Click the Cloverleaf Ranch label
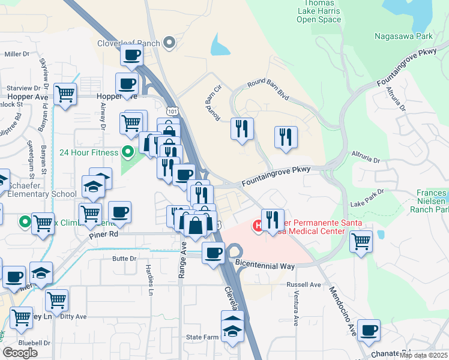pos(129,43)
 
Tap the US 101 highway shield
pos(172,111)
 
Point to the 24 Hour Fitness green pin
pos(127,152)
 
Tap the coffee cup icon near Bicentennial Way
pos(213,253)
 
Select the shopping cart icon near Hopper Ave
pos(65,94)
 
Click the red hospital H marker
pos(258,226)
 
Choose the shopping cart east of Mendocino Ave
pos(361,241)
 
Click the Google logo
pos(20,353)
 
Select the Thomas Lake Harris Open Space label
pos(319,12)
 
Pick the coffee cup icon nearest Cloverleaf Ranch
pos(131,55)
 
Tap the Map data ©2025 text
pos(423,355)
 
